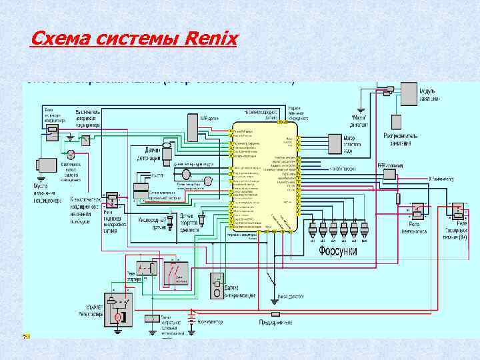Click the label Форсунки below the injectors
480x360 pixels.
click(337, 251)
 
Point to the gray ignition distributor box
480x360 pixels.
click(396, 122)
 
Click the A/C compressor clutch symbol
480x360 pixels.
click(47, 167)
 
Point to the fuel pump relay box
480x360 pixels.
click(418, 212)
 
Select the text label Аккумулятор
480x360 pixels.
click(209, 323)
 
